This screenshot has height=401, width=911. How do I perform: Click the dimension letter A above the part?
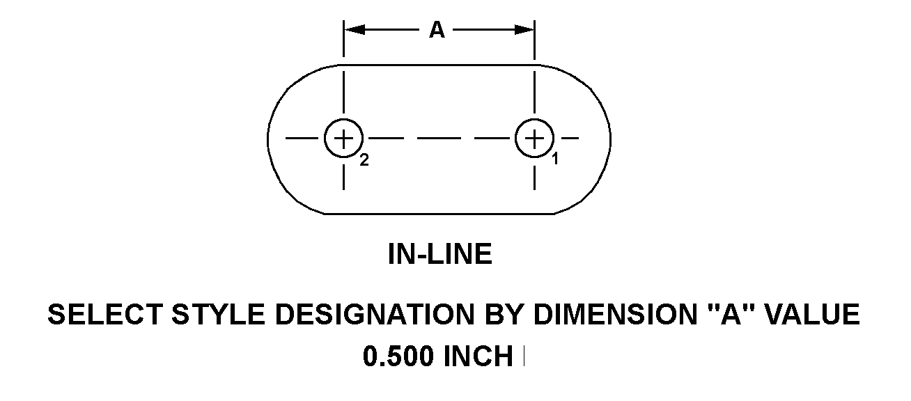tap(437, 30)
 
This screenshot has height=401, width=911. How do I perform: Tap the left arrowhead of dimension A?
tap(355, 30)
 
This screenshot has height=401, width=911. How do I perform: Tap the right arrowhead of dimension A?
tap(524, 30)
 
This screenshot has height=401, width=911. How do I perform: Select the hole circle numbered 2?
tap(343, 119)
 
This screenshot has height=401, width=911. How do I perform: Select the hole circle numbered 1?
tap(534, 119)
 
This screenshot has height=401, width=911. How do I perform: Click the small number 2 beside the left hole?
tap(364, 160)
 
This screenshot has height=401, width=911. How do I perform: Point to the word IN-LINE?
tap(440, 254)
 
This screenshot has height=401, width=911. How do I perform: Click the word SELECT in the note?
tap(105, 315)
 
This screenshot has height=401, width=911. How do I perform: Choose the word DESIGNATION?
tap(375, 315)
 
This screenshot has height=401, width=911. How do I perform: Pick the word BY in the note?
tap(503, 315)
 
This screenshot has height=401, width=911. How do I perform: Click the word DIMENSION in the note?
tap(615, 315)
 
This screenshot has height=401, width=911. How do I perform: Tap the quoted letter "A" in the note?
tap(731, 313)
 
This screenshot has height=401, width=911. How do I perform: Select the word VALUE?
tap(812, 315)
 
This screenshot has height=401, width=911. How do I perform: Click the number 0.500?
tap(398, 356)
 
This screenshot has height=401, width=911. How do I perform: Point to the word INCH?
tap(478, 356)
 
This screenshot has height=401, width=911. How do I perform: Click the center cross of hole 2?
tap(343, 139)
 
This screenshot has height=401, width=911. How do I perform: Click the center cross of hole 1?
tap(534, 139)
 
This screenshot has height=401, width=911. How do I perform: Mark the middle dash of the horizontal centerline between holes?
tap(439, 139)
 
